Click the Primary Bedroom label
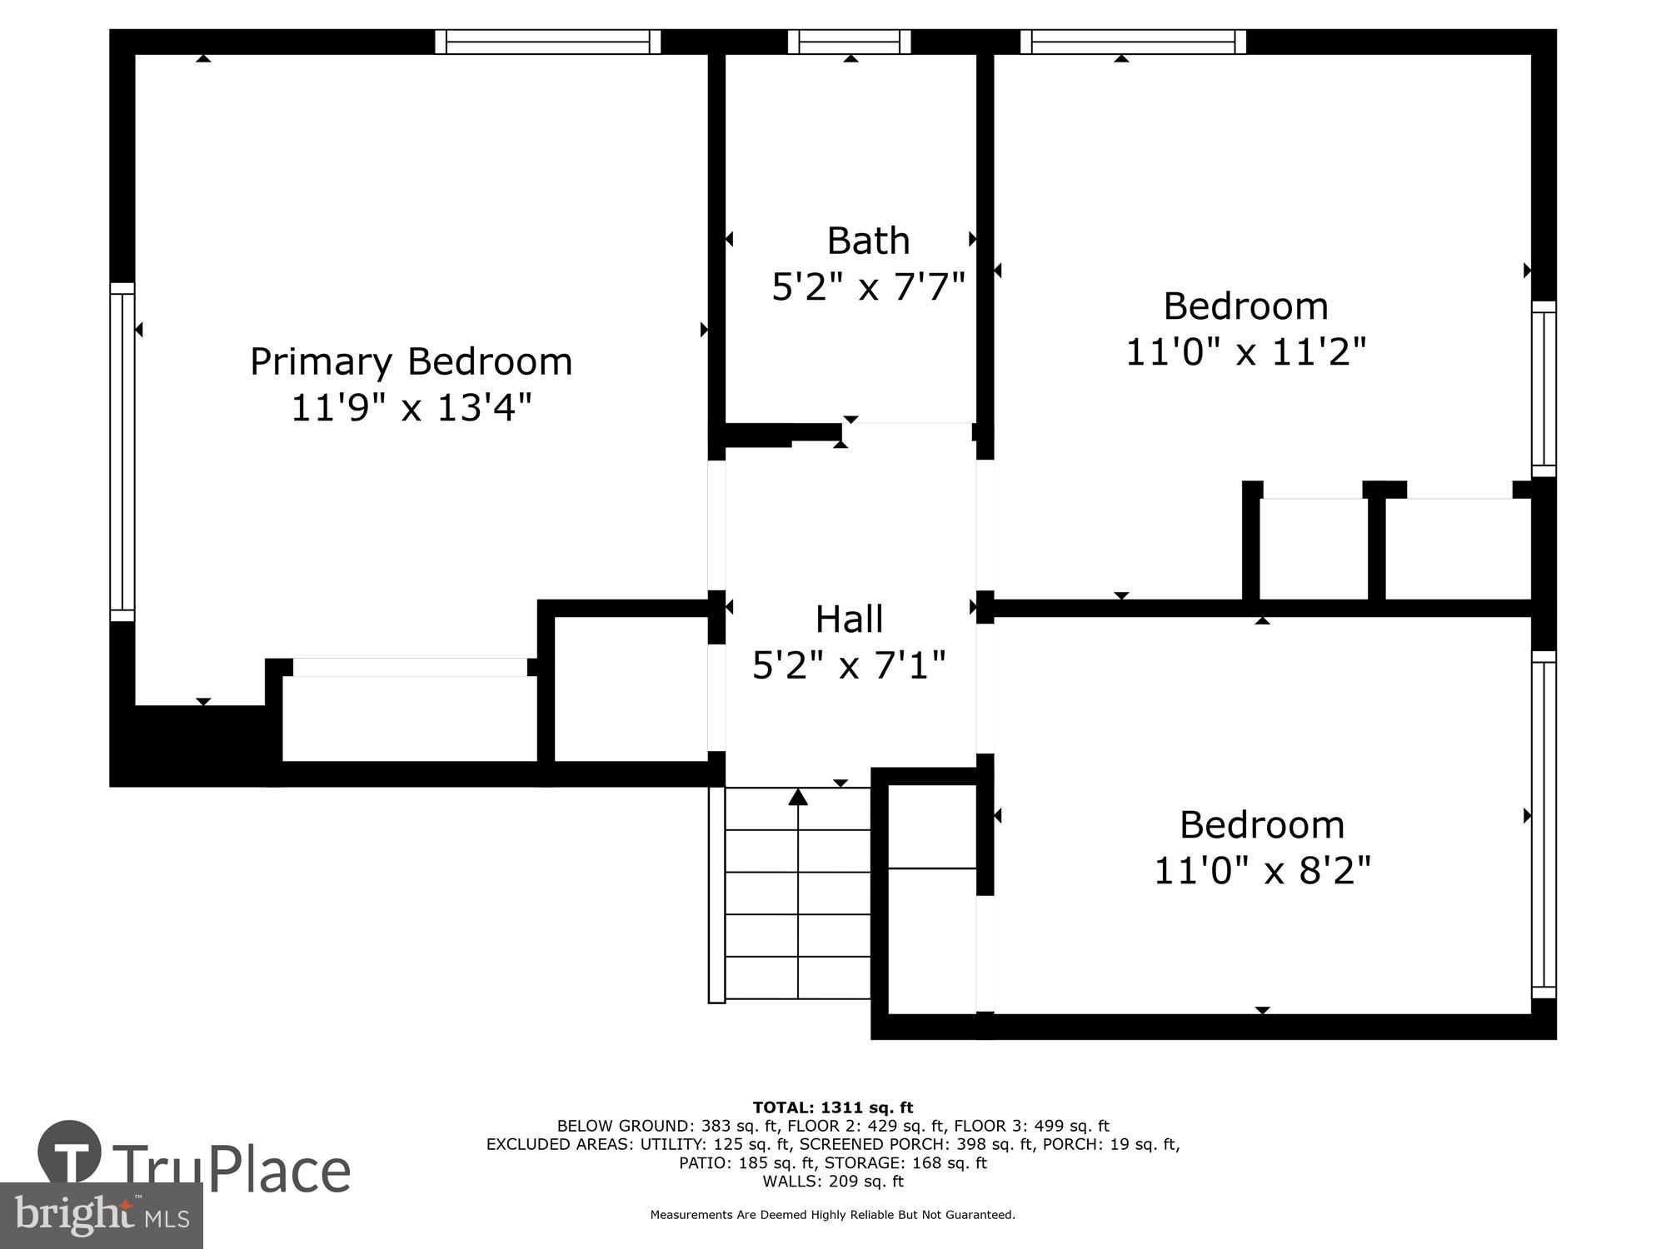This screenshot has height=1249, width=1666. [411, 362]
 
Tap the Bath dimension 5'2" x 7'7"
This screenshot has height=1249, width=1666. [868, 287]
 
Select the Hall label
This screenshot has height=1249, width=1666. [849, 620]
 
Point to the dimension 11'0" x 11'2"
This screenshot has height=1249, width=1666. [1245, 351]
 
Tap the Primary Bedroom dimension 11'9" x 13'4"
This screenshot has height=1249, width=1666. [411, 408]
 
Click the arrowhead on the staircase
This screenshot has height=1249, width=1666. [798, 798]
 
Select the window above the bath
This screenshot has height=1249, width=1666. [849, 42]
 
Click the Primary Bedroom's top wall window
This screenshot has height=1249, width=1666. [547, 42]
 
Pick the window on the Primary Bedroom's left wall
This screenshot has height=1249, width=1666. [122, 451]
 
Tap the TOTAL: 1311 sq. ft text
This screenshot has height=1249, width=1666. [832, 1107]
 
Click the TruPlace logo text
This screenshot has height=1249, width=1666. [229, 1170]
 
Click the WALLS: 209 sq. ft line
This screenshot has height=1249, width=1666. [832, 1181]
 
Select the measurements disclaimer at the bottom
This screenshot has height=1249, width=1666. [832, 1215]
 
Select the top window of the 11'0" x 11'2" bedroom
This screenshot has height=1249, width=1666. [1133, 42]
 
